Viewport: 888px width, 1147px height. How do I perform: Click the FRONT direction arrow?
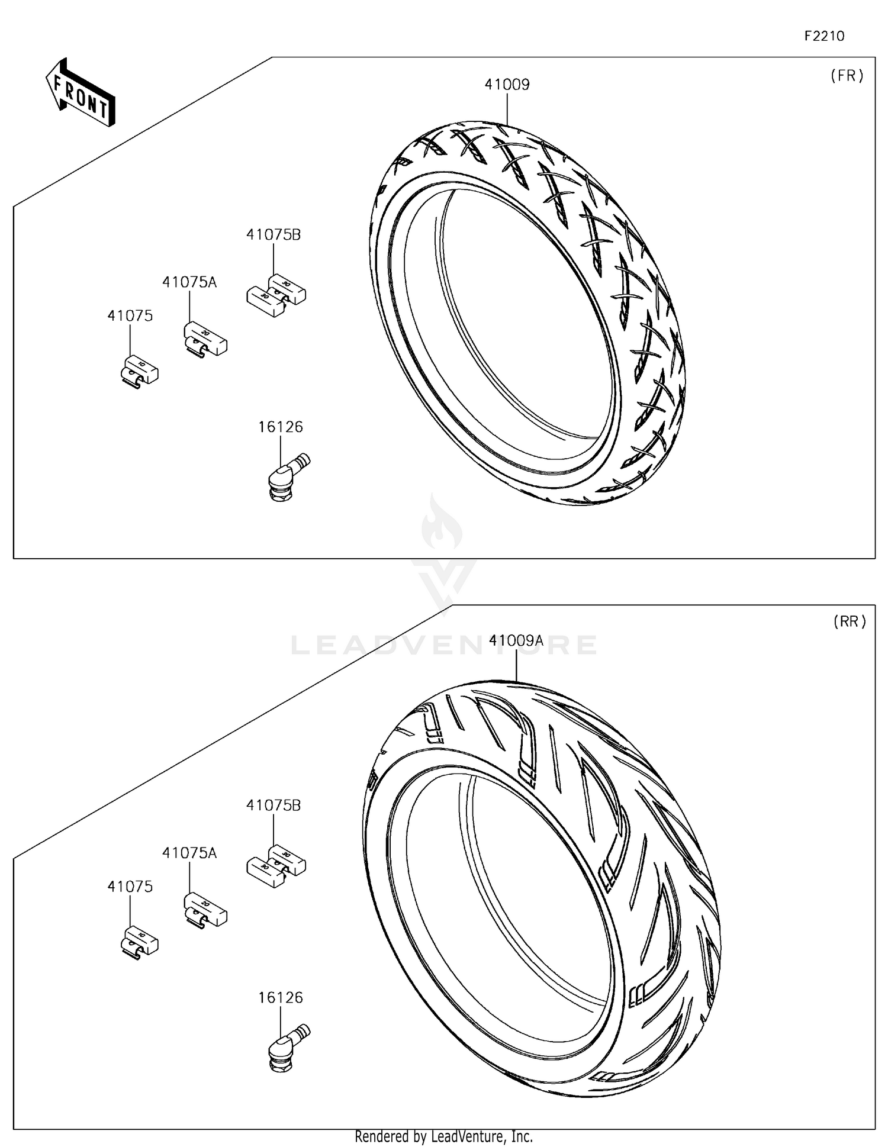[81, 92]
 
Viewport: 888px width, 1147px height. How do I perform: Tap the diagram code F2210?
[824, 36]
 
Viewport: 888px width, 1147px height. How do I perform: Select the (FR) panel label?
[847, 75]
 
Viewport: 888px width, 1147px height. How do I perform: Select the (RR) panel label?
[850, 621]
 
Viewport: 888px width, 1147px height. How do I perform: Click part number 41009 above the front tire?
[507, 85]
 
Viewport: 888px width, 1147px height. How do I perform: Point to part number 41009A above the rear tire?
[516, 640]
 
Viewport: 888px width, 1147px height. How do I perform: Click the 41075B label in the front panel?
[274, 235]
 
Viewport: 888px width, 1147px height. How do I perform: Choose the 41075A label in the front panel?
[189, 282]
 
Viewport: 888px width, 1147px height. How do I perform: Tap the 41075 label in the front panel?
[130, 316]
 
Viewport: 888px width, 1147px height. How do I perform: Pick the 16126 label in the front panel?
[280, 427]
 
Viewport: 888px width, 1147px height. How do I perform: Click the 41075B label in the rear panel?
[274, 806]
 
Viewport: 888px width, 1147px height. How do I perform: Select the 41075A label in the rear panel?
[189, 853]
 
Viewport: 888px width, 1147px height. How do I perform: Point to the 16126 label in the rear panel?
[280, 998]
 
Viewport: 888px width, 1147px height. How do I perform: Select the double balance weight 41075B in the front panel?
[276, 293]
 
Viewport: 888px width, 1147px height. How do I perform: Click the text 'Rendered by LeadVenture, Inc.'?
[443, 1136]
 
